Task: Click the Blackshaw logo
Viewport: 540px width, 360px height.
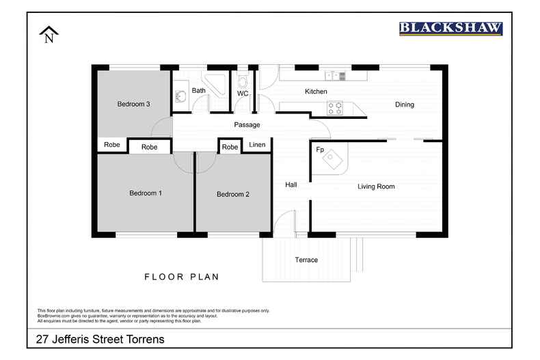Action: click(x=450, y=29)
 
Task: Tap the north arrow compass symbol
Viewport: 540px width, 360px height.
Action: click(x=49, y=35)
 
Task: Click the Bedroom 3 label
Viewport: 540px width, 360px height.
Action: click(x=133, y=104)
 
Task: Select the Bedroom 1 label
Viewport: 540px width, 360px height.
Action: click(x=146, y=193)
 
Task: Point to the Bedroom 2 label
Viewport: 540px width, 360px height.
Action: click(x=233, y=195)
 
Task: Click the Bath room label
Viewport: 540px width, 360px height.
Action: click(x=198, y=90)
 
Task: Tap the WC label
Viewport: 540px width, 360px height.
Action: click(x=243, y=94)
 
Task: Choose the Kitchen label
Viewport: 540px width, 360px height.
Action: click(x=316, y=92)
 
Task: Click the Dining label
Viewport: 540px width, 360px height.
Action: click(x=405, y=105)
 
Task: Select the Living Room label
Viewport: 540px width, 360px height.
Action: click(x=376, y=186)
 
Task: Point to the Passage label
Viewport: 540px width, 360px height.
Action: click(x=247, y=125)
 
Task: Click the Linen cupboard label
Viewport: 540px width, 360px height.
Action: click(x=257, y=145)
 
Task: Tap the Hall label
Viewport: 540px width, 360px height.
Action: click(x=291, y=184)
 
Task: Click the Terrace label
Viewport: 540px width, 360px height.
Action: click(x=306, y=260)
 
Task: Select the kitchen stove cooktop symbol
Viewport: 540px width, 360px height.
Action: click(x=336, y=107)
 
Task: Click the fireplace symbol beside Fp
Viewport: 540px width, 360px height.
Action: click(x=333, y=159)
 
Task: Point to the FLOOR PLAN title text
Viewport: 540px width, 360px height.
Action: click(x=181, y=277)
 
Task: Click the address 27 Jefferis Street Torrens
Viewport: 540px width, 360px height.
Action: click(x=100, y=339)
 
